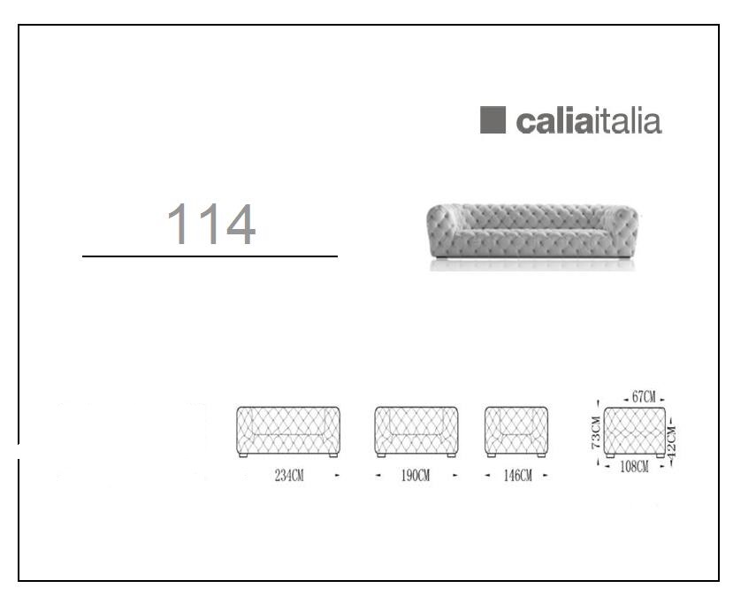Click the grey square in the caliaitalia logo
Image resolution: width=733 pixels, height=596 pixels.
(x=492, y=120)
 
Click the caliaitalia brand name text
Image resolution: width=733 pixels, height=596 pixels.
(x=589, y=121)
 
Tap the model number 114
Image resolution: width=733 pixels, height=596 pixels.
(x=210, y=224)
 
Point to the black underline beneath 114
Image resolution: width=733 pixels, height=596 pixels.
(x=210, y=256)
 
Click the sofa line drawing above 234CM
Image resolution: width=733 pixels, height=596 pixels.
(x=288, y=432)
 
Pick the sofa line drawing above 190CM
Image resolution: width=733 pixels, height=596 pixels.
(x=416, y=432)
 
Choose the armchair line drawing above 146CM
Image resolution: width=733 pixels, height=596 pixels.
(x=516, y=432)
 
